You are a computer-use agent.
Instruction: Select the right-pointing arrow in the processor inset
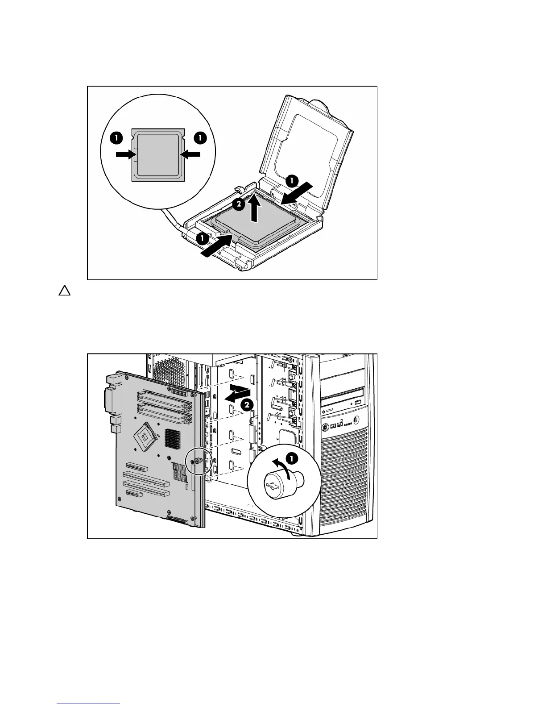coord(125,154)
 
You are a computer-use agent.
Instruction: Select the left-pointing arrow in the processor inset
coord(190,154)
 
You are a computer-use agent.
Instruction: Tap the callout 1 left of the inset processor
coord(116,138)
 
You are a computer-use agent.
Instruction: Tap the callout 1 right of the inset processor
coord(200,138)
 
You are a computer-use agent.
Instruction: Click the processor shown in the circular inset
coord(158,154)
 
